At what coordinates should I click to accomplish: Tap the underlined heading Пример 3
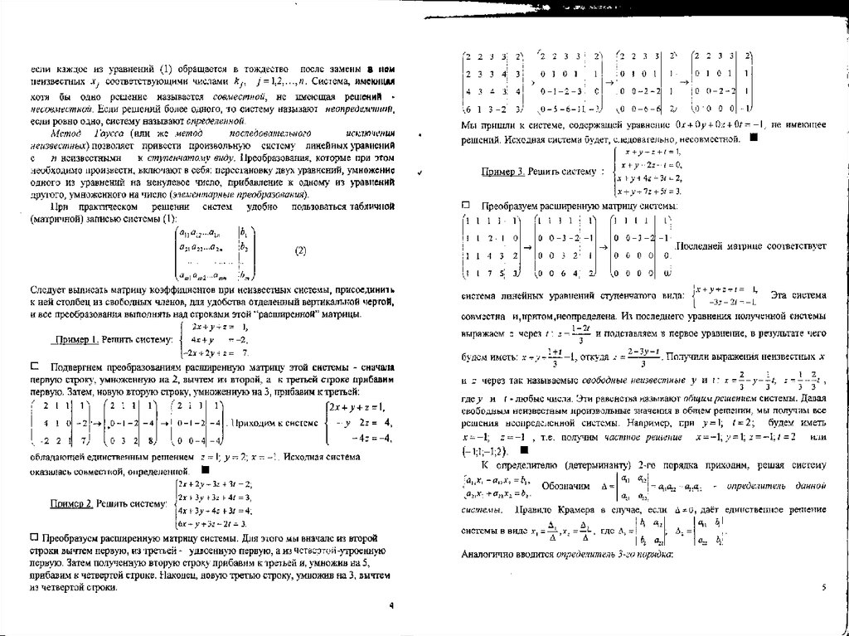click(x=502, y=171)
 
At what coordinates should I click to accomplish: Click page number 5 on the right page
click(x=823, y=586)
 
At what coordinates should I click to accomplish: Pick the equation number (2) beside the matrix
click(x=300, y=250)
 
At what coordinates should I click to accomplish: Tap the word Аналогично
click(x=487, y=551)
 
